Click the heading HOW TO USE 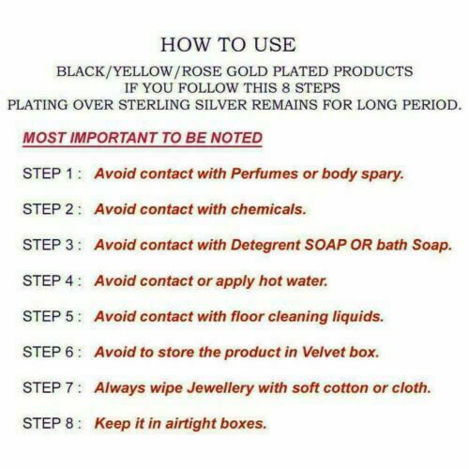point(228,44)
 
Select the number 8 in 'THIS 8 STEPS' point(286,88)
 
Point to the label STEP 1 point(48,174)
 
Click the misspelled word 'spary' point(383,174)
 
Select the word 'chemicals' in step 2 point(268,209)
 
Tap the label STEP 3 point(48,245)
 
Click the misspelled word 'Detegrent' point(265,246)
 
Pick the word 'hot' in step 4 point(270,280)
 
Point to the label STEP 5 point(48,316)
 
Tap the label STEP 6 point(48,352)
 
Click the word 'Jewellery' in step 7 point(220,388)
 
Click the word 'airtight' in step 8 point(190,424)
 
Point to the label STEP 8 point(48,423)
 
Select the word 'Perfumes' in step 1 point(265,174)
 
